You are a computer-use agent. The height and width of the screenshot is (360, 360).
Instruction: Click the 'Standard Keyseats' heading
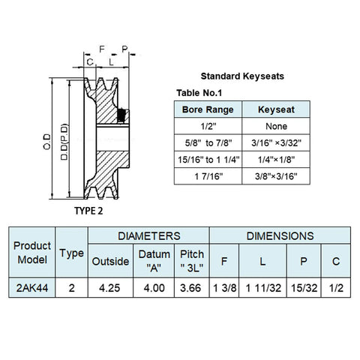242,76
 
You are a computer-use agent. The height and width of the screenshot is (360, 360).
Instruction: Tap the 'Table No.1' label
199,93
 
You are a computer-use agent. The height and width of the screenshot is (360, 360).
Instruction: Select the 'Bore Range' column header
208,109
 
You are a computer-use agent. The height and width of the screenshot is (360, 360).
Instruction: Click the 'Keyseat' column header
276,109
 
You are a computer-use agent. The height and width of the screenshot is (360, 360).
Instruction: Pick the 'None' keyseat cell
276,126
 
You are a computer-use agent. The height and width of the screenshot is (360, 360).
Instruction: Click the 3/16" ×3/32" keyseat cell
276,143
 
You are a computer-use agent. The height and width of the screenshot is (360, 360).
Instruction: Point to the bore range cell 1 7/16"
208,176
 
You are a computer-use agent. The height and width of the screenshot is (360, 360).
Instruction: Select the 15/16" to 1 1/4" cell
208,160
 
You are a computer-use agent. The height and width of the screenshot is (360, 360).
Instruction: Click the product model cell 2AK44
32,288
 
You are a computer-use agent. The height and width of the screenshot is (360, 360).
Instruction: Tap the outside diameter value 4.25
109,288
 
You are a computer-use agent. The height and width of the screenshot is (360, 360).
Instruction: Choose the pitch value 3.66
190,288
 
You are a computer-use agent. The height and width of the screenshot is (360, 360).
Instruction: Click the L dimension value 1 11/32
263,288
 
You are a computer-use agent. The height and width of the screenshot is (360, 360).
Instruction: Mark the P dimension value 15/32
304,288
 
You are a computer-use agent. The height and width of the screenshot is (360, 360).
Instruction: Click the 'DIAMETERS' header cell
149,236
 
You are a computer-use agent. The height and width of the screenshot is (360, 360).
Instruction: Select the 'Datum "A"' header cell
154,261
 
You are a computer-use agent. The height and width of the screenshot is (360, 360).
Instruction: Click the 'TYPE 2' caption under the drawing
88,211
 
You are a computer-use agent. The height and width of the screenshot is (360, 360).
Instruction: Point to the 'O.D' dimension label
46,142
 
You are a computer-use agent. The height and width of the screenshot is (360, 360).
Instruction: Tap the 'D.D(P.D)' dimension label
64,142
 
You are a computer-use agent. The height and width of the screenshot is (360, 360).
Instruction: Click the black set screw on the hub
121,115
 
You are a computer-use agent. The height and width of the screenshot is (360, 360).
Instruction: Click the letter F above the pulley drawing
102,49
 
